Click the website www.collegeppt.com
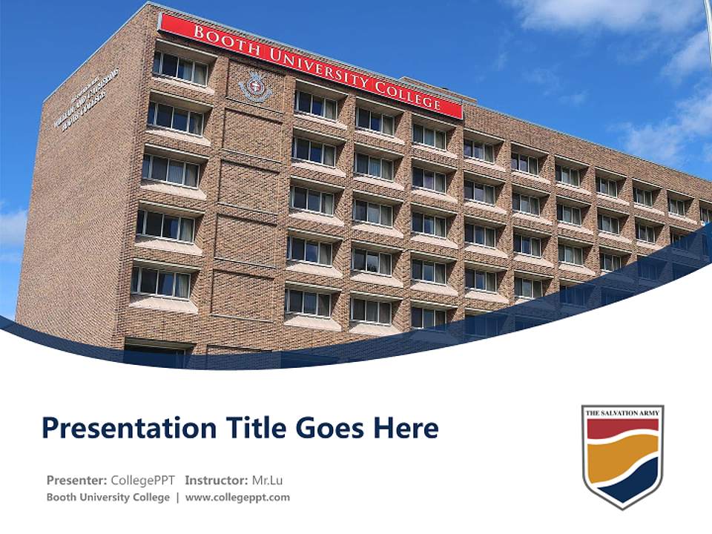click(237, 497)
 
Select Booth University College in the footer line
click(108, 497)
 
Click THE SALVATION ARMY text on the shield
click(622, 412)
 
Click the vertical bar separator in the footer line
click(177, 497)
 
